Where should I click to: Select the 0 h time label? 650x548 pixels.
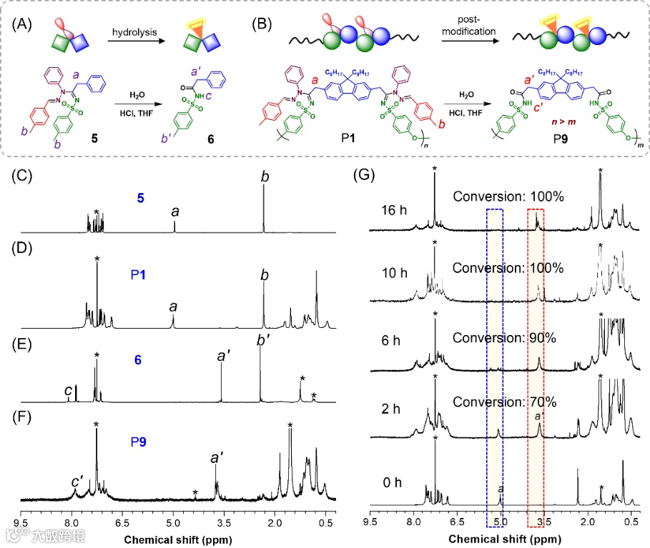click(x=393, y=482)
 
